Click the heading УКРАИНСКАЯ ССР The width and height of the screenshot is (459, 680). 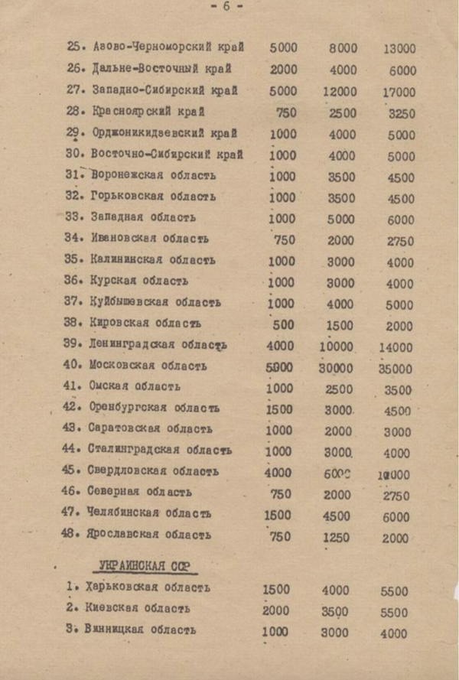(x=144, y=566)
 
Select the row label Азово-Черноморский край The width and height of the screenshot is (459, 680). (x=168, y=47)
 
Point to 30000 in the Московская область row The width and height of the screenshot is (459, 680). (x=336, y=367)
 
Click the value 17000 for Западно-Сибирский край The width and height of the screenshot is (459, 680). (x=399, y=92)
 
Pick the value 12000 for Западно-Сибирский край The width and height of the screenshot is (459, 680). (x=340, y=90)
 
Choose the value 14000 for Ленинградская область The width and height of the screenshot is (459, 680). (x=396, y=347)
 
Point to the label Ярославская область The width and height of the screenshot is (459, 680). (x=149, y=535)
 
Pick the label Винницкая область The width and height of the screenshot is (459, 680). (x=142, y=630)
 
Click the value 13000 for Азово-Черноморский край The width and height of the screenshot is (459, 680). (x=399, y=49)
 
